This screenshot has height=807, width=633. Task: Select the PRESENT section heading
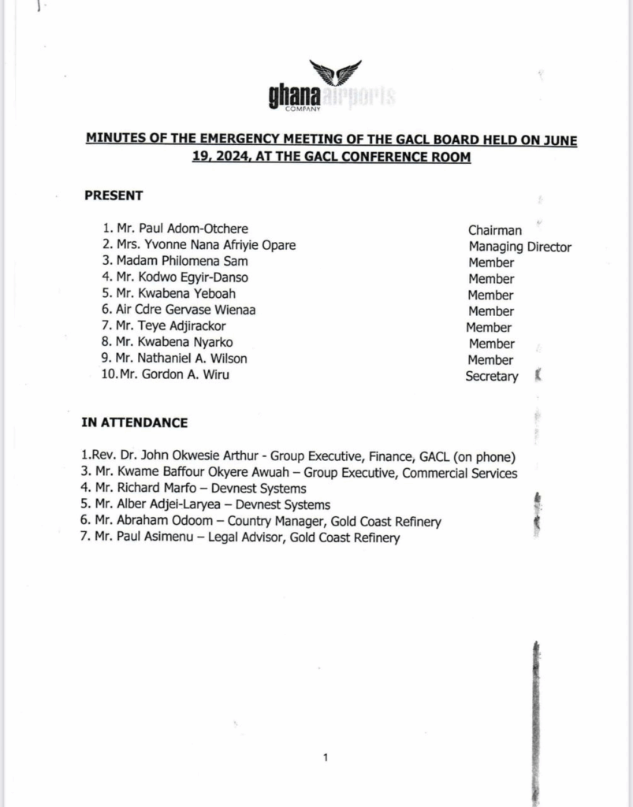point(114,195)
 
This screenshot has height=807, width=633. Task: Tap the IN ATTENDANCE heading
point(135,422)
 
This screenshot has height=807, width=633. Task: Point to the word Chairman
point(494,230)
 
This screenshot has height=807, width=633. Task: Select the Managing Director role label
point(519,247)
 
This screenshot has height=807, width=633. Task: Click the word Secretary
point(491,377)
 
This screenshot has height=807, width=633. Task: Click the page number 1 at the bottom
point(325,758)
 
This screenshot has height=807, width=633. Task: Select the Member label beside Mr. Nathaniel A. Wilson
point(491,359)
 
